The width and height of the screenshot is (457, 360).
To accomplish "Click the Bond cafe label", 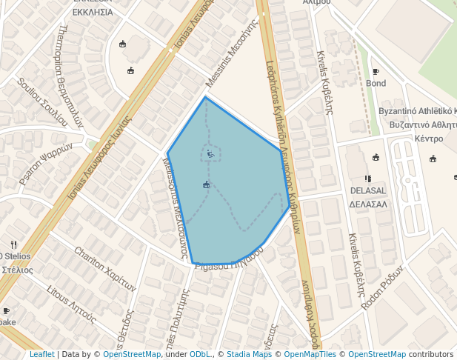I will coord(376,84).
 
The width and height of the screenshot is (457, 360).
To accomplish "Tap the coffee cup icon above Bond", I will coord(376,72).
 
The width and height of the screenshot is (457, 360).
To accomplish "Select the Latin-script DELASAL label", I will coord(369,190).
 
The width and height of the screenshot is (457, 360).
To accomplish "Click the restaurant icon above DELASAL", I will coord(368,179).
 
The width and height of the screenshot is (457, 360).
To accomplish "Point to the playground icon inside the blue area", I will coord(211,154).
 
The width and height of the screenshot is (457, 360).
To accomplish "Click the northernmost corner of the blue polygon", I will coord(205,97).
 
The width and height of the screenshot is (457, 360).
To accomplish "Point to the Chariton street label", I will coord(105,269).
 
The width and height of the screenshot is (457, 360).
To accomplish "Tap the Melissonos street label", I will coord(175,205).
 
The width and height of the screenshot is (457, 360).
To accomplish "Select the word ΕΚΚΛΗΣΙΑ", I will coord(93,13).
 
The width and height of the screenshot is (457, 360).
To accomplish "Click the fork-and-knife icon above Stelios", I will coord(13,244).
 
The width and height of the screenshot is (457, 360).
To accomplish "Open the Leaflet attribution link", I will coord(41,354).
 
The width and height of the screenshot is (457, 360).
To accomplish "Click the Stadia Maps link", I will coord(249,354).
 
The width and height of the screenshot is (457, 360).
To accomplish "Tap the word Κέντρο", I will coord(429,139).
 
